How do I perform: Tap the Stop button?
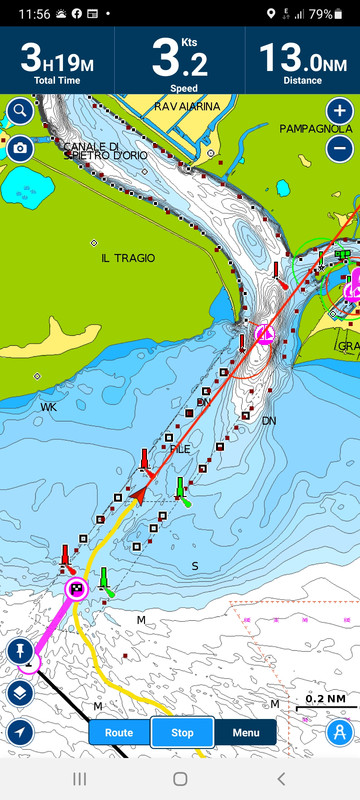[x=182, y=732]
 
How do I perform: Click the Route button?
[x=119, y=732]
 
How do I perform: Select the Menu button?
[x=246, y=732]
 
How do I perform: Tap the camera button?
[x=20, y=149]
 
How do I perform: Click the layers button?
[x=20, y=693]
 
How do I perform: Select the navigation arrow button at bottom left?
[x=20, y=732]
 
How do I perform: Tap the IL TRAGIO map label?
[x=128, y=258]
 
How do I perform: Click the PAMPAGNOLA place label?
[x=315, y=129]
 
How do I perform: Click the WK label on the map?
[x=48, y=408]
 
